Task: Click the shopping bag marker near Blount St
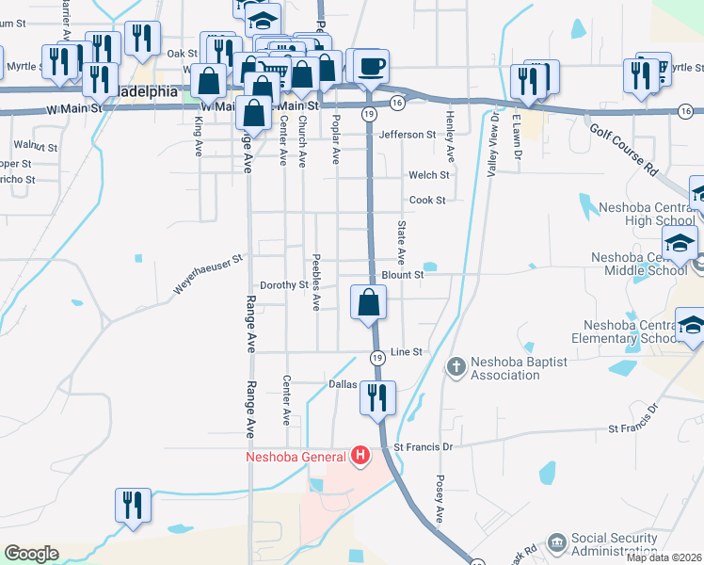pos(368,303)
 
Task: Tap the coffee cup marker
pos(371,66)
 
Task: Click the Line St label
pos(413,351)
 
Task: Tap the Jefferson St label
pos(408,135)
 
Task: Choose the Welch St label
pos(428,175)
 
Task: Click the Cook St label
pos(426,200)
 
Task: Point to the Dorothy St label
pos(284,284)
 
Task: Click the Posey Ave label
pos(439,499)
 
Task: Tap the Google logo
pos(31,554)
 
